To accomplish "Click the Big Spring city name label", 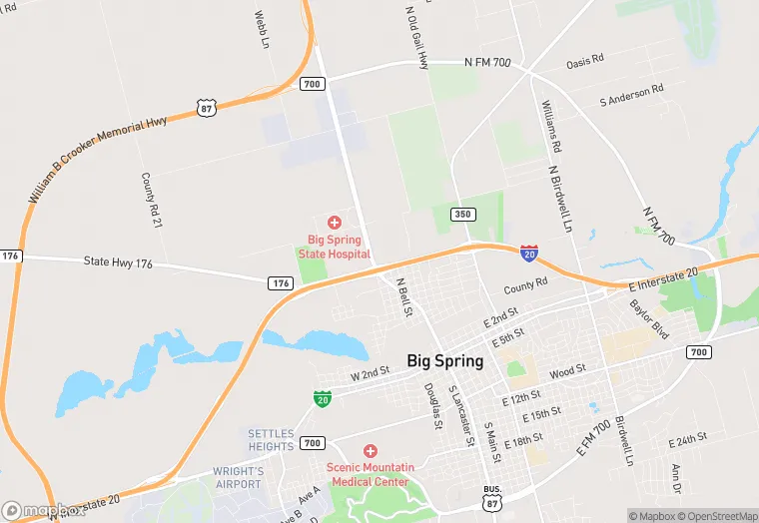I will tap(444, 360).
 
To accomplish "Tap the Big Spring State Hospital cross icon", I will tap(334, 222).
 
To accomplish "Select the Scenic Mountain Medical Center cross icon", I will tap(371, 452).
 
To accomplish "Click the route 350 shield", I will tap(461, 215).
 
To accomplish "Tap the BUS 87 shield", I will tap(491, 499).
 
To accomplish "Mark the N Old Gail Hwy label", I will tap(416, 37).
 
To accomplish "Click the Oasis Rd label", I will tap(585, 60).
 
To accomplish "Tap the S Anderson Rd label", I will tap(631, 95).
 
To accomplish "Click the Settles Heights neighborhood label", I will tap(271, 440).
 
